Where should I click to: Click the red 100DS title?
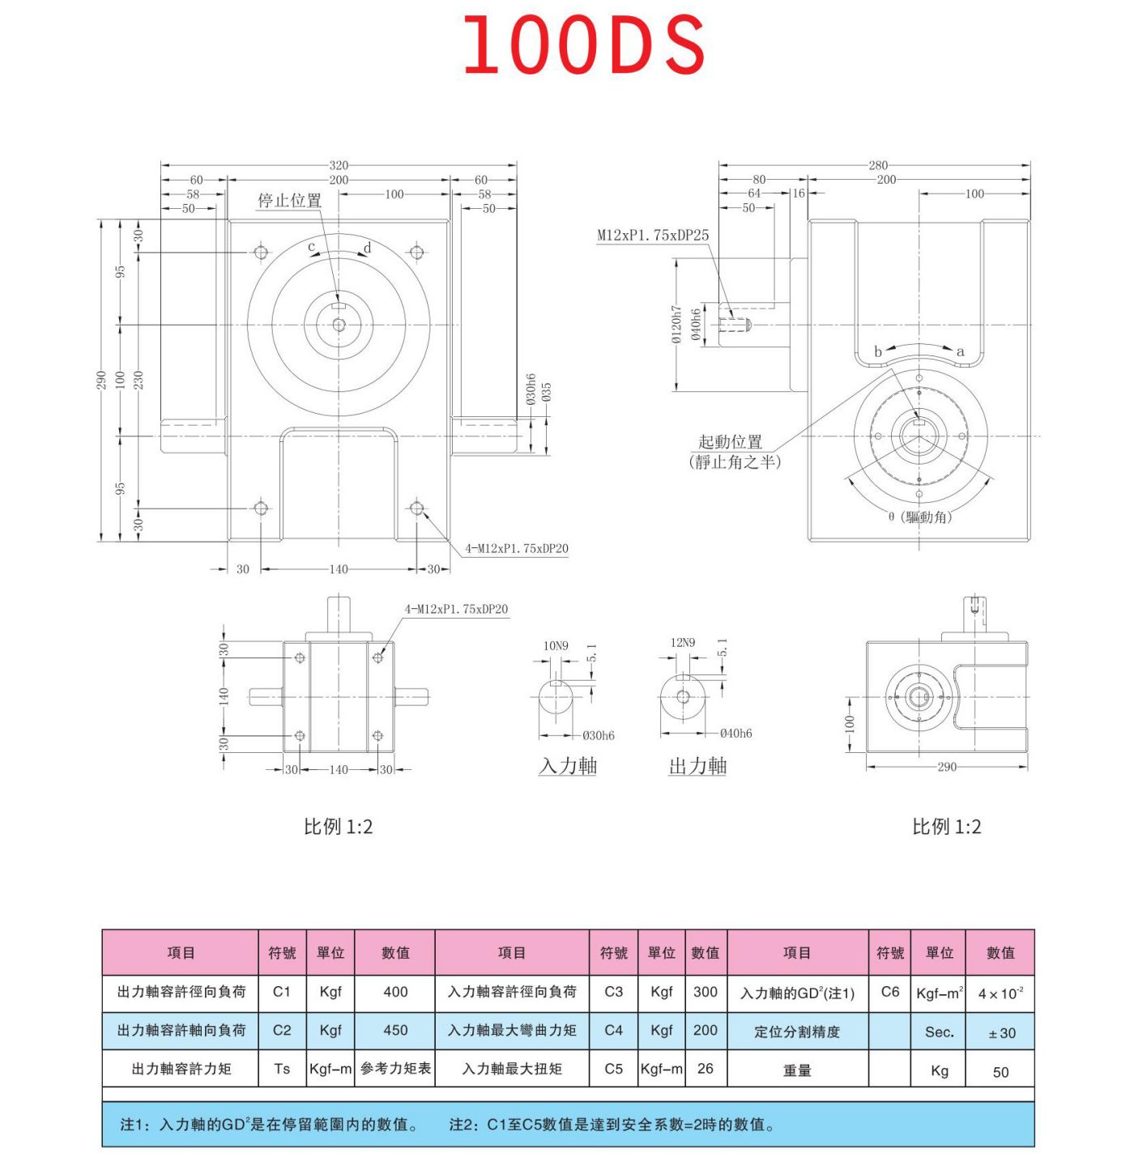point(583,45)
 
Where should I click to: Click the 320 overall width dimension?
point(339,165)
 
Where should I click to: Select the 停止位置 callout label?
point(290,200)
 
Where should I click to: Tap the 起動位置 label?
point(731,442)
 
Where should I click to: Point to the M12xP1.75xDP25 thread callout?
point(653,236)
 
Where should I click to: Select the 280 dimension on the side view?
point(878,165)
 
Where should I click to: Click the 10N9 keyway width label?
point(556,646)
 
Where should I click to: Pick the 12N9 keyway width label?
point(683,643)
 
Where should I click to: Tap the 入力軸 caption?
point(568,766)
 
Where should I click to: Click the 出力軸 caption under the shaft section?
point(697,766)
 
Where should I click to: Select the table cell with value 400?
point(395,992)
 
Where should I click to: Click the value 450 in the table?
point(395,1030)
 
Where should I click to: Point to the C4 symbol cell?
point(613,1030)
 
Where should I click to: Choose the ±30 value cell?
point(1001,1033)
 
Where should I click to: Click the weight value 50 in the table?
point(1001,1072)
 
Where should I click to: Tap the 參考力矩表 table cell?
point(395,1069)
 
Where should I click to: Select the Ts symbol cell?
point(282,1069)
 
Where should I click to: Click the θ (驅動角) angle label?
point(920,517)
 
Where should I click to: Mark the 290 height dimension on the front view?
point(102,381)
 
